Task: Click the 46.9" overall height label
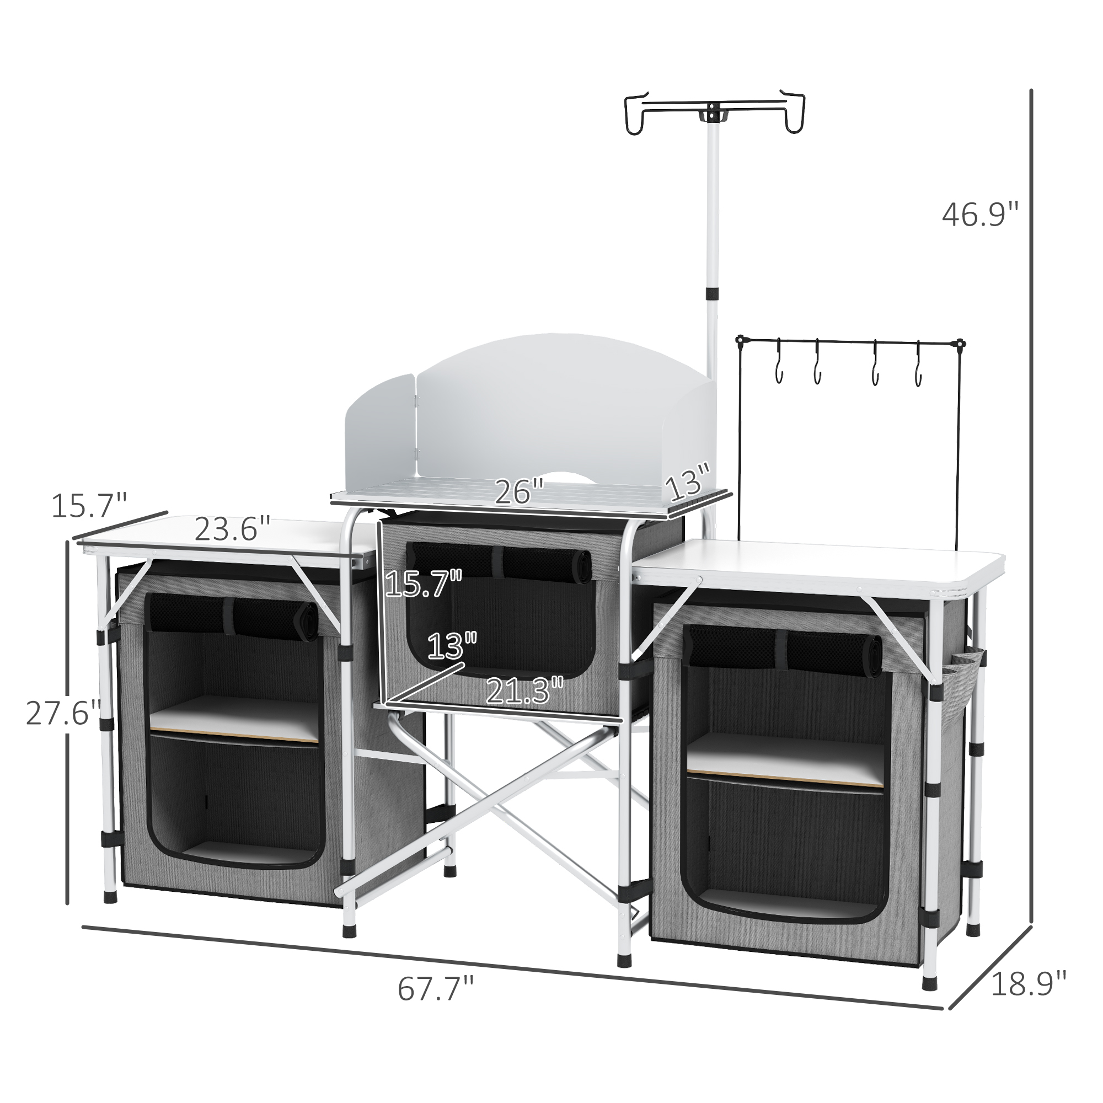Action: (x=979, y=215)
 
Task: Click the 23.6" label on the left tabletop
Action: (x=232, y=529)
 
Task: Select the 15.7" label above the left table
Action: (x=89, y=505)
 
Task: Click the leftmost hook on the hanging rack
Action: (x=778, y=369)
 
